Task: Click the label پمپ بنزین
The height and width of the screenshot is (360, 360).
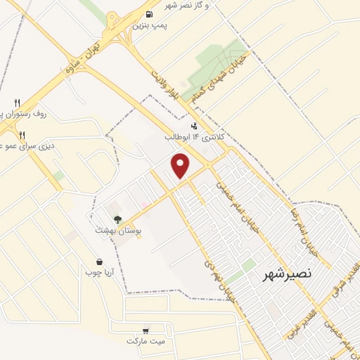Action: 151,25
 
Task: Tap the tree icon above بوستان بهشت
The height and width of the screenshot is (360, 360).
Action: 117,219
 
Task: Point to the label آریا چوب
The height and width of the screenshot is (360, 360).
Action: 100,271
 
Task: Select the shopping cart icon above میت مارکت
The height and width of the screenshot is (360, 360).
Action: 146,330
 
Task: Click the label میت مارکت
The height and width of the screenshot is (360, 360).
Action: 145,341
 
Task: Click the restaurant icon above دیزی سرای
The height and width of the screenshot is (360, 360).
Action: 22,135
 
